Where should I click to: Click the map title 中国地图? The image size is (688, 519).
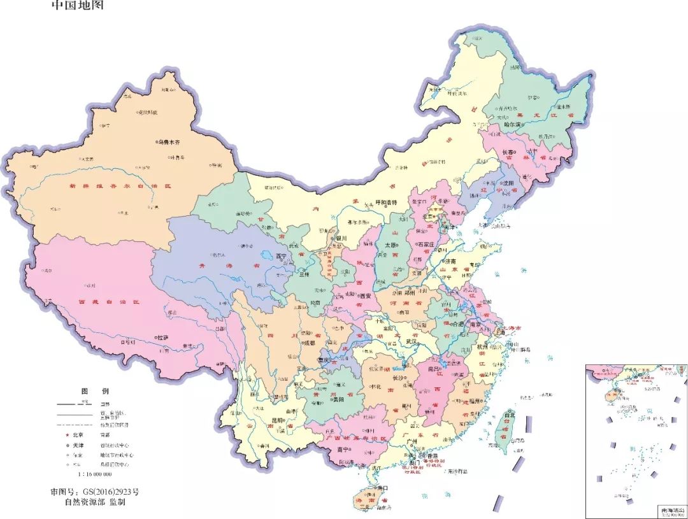(x=76, y=6)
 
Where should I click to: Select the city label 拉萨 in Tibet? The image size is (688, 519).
(x=163, y=337)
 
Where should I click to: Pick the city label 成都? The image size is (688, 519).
(x=309, y=343)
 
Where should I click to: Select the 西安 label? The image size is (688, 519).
(x=365, y=296)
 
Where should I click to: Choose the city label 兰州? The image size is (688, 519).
(x=301, y=274)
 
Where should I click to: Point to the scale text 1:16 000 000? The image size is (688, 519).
(x=94, y=474)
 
